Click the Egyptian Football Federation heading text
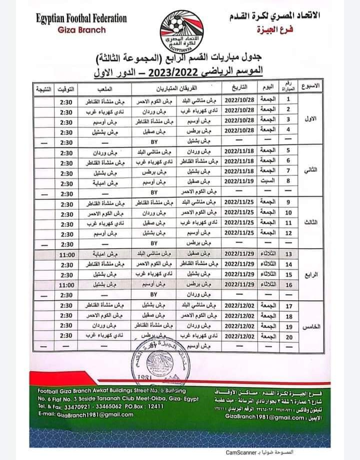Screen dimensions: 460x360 [x=81, y=18]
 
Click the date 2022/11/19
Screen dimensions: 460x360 [x=240, y=183]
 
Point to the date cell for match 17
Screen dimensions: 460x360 [x=240, y=306]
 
